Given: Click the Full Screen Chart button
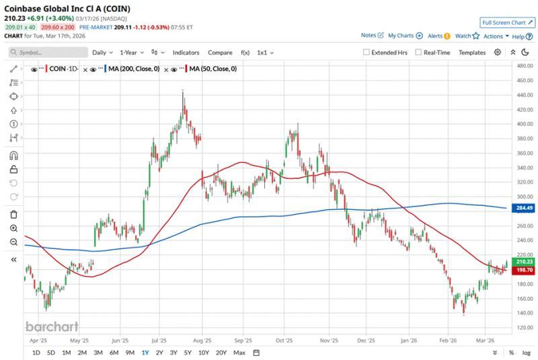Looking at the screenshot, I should [507, 22].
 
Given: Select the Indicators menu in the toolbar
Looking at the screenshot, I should [186, 52].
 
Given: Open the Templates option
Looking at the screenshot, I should [471, 52].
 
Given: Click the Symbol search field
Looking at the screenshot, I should [47, 52].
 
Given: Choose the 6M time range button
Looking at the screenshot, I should [113, 353].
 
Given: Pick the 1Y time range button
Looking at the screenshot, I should [145, 353].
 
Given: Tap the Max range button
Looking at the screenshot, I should [239, 353].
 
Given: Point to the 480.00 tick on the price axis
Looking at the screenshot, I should [524, 65].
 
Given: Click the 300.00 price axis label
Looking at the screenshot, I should [524, 196].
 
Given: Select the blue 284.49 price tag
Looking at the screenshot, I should [524, 208].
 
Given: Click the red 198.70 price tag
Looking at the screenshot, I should [524, 270].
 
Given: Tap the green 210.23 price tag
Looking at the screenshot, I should [524, 262].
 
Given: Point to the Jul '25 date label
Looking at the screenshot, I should [160, 340].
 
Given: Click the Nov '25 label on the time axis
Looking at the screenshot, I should [328, 340].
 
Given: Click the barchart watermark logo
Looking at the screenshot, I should [52, 326].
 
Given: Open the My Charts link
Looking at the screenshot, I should [405, 35].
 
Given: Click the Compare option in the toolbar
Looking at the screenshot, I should [220, 52].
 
